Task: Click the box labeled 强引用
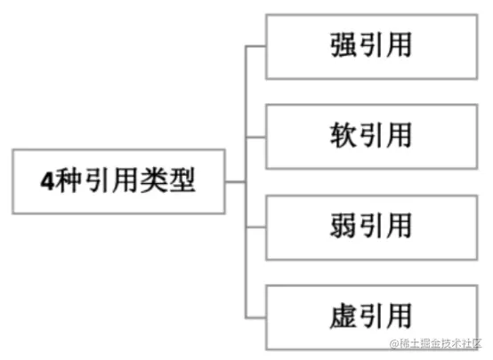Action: pyautogui.click(x=372, y=47)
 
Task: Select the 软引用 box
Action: pyautogui.click(x=372, y=137)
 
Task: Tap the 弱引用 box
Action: pyautogui.click(x=372, y=228)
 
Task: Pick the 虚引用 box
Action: pyautogui.click(x=372, y=317)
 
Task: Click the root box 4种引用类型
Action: pyautogui.click(x=119, y=182)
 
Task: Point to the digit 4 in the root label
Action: pyautogui.click(x=47, y=181)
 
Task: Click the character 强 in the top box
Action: pyautogui.click(x=343, y=44)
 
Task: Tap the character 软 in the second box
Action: pyautogui.click(x=343, y=135)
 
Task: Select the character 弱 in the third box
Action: pyautogui.click(x=343, y=225)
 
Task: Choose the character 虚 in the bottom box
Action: pyautogui.click(x=343, y=316)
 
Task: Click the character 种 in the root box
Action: pyautogui.click(x=68, y=180)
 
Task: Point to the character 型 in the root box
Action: pyautogui.click(x=182, y=180)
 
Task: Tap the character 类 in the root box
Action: pyautogui.click(x=154, y=180)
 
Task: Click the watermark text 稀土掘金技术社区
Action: pyautogui.click(x=440, y=343)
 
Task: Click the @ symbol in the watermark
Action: pyautogui.click(x=394, y=344)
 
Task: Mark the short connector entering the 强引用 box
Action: pyautogui.click(x=255, y=46)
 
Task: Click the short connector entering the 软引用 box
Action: pyautogui.click(x=255, y=137)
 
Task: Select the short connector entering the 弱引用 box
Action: pyautogui.click(x=255, y=228)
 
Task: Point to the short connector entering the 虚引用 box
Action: pyautogui.click(x=255, y=318)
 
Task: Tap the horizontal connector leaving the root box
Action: pyautogui.click(x=236, y=182)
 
